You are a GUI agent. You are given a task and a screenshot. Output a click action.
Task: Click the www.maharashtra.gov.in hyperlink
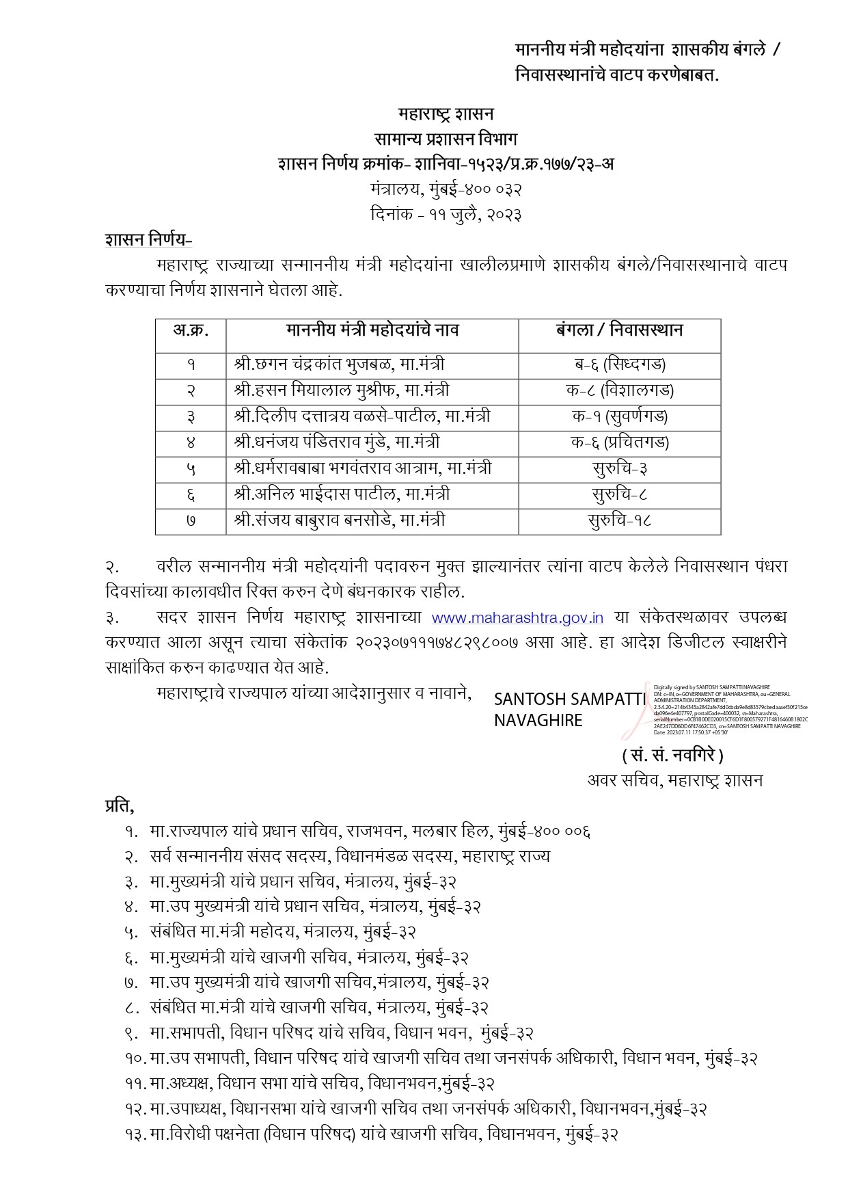click(x=517, y=618)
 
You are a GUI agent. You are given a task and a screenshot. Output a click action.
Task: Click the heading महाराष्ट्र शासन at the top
click(x=446, y=114)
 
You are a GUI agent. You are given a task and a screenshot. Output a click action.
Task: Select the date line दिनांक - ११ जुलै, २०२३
click(x=446, y=215)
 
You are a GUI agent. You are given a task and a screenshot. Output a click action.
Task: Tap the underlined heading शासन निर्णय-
click(x=149, y=240)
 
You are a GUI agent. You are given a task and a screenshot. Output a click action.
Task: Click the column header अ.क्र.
click(x=191, y=331)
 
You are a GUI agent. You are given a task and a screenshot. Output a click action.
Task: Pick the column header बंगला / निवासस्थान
click(x=619, y=331)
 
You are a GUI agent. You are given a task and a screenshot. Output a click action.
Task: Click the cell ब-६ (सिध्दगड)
click(x=620, y=364)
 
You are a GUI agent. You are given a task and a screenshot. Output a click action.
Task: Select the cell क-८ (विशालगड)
click(x=620, y=390)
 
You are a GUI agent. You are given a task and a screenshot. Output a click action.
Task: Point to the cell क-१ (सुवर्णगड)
click(x=620, y=416)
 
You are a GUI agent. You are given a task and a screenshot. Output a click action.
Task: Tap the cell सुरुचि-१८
click(x=620, y=520)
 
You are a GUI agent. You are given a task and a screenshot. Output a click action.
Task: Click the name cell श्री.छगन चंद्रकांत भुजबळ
click(x=339, y=364)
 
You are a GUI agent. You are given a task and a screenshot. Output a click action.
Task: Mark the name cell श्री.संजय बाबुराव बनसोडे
click(x=339, y=520)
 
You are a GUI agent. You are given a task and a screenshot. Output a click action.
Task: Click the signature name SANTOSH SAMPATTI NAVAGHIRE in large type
click(x=569, y=709)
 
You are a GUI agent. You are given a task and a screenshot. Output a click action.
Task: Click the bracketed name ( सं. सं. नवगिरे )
click(x=672, y=756)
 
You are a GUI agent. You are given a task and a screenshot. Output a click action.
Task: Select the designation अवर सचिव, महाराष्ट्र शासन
click(x=675, y=780)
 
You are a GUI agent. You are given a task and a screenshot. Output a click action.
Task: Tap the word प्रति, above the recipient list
click(x=120, y=806)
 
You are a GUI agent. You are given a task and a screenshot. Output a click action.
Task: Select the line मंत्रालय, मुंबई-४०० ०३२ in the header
click(x=446, y=189)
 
